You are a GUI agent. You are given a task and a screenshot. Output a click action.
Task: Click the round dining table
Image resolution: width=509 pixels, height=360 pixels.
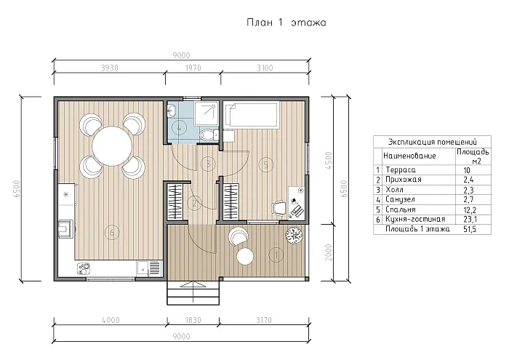112,145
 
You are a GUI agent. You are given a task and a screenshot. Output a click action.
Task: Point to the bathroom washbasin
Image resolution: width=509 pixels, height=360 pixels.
172,111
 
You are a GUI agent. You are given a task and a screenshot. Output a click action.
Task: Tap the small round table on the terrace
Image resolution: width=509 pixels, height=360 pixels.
245,256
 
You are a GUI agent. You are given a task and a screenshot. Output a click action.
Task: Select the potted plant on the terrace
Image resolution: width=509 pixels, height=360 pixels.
294,233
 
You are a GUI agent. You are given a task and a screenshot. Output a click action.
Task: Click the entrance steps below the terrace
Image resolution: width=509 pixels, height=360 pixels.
193,293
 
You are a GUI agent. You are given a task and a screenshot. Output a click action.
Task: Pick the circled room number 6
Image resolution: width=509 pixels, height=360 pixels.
112,233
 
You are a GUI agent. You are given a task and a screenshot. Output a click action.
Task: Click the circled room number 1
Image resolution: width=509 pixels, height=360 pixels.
276,255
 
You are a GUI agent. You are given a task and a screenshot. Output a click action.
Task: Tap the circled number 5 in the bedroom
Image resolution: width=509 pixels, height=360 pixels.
265,164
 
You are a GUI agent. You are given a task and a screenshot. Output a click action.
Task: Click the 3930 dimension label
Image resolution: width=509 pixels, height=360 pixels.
110,68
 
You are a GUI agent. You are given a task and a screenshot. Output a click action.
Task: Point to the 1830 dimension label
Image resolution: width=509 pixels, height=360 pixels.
193,320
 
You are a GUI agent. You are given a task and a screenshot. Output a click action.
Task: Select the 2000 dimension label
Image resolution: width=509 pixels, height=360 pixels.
329,252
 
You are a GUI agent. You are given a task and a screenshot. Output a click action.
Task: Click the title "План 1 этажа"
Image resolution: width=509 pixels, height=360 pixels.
286,23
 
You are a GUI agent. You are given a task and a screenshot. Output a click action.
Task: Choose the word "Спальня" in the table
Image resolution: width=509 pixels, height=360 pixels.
400,209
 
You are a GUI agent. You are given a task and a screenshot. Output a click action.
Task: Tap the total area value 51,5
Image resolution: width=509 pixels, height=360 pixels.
470,229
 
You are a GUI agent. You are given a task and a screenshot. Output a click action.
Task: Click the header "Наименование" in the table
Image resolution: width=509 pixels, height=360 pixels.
409,156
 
